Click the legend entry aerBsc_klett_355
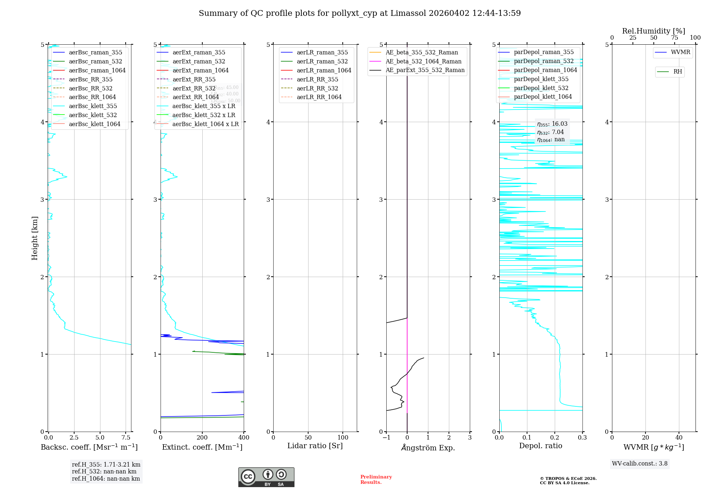93,106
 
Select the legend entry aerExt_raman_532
199,61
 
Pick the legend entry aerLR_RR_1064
319,97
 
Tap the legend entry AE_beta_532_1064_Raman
423,61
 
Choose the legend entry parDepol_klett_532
541,88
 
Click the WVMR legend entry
680,52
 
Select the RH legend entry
678,72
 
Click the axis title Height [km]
35,238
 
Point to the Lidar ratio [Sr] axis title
315,446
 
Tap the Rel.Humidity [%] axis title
653,31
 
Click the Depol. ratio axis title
540,446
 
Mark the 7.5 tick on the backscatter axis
126,437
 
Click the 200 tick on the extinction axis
202,437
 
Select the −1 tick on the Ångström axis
386,437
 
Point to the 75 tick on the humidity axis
674,38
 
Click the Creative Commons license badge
266,477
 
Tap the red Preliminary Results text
376,480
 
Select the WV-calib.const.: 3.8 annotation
639,464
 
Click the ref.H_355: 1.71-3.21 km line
106,465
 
